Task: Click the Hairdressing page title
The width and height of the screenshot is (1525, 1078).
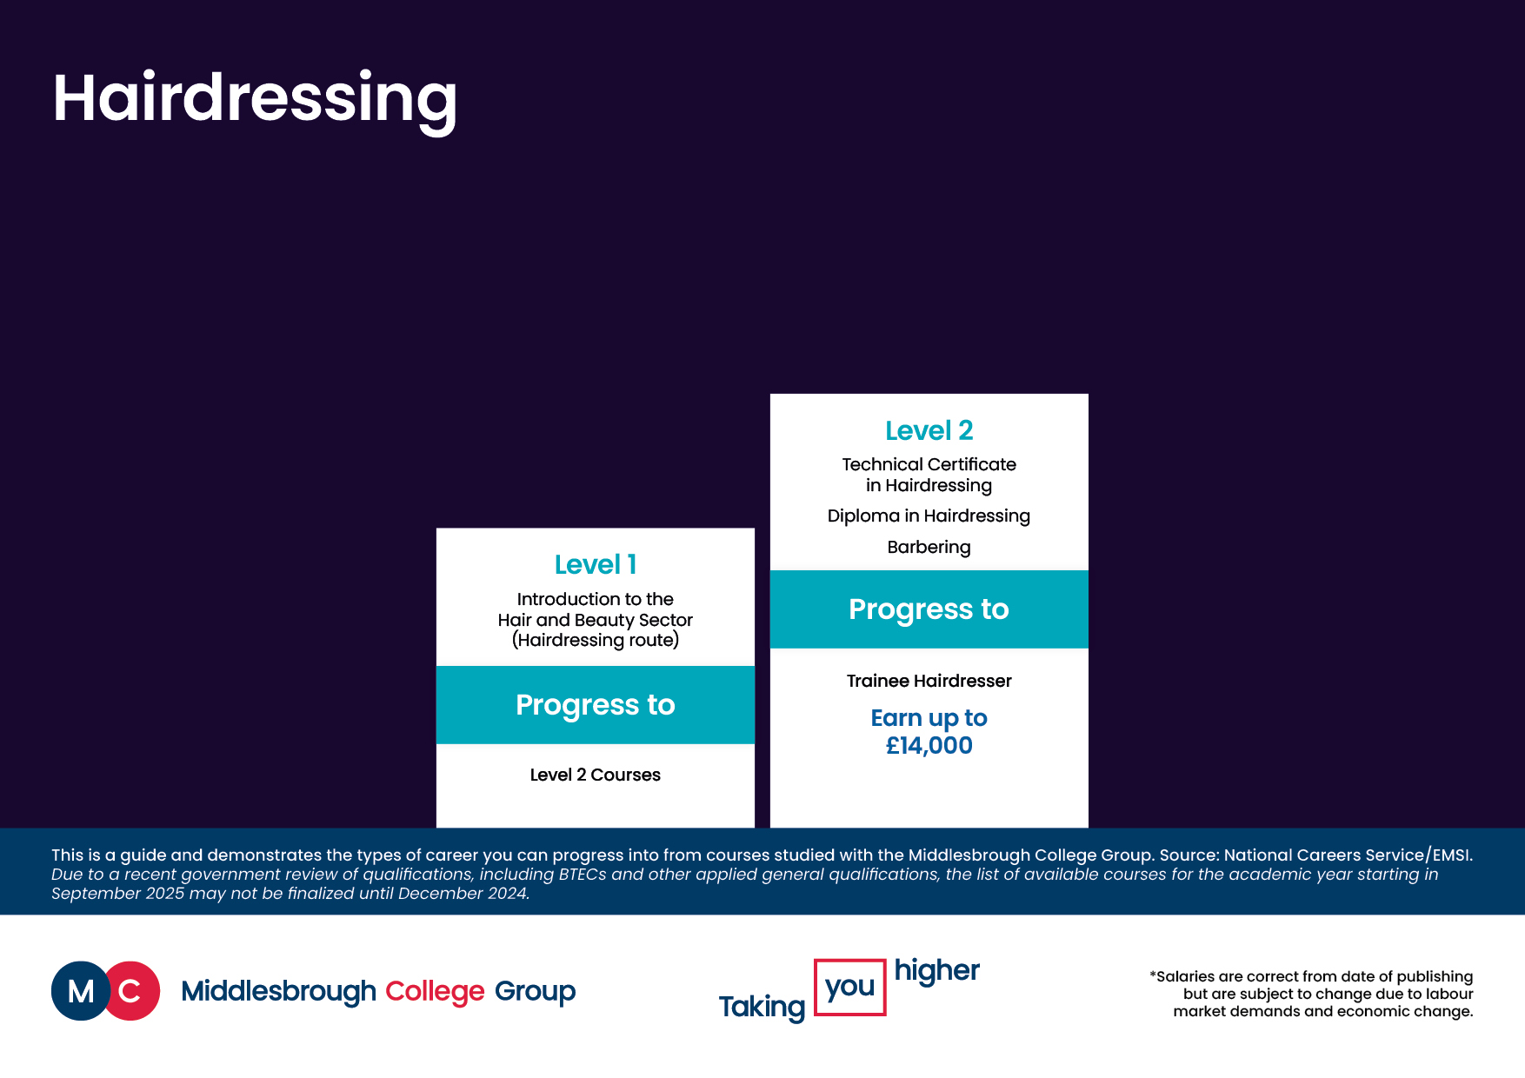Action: pyautogui.click(x=255, y=99)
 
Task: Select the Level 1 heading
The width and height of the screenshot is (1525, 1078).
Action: pyautogui.click(x=596, y=565)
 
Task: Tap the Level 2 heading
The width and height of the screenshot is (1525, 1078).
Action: pyautogui.click(x=929, y=430)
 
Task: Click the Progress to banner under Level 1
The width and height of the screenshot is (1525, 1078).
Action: pyautogui.click(x=596, y=705)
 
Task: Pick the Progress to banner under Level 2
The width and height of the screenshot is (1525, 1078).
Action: pyautogui.click(x=929, y=609)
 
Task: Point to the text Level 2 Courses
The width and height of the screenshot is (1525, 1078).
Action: pyautogui.click(x=596, y=775)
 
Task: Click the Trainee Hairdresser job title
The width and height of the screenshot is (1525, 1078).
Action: pyautogui.click(x=929, y=681)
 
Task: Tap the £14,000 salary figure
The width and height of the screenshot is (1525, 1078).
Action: pyautogui.click(x=929, y=746)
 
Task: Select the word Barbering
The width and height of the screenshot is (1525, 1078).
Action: pyautogui.click(x=929, y=548)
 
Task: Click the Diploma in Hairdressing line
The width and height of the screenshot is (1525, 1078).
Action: pyautogui.click(x=929, y=516)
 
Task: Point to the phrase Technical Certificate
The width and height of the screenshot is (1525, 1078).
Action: pyautogui.click(x=929, y=465)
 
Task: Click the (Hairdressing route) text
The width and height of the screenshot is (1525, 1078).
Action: pyautogui.click(x=596, y=641)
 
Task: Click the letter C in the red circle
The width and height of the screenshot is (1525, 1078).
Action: pyautogui.click(x=130, y=991)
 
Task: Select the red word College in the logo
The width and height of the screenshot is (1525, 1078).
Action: pyautogui.click(x=435, y=992)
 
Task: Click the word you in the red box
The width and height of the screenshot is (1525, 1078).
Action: pyautogui.click(x=850, y=987)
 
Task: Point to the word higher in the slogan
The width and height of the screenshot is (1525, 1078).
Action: pyautogui.click(x=937, y=971)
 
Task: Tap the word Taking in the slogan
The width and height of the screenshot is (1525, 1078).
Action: pyautogui.click(x=762, y=1008)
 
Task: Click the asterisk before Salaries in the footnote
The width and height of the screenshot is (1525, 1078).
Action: pyautogui.click(x=1153, y=975)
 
